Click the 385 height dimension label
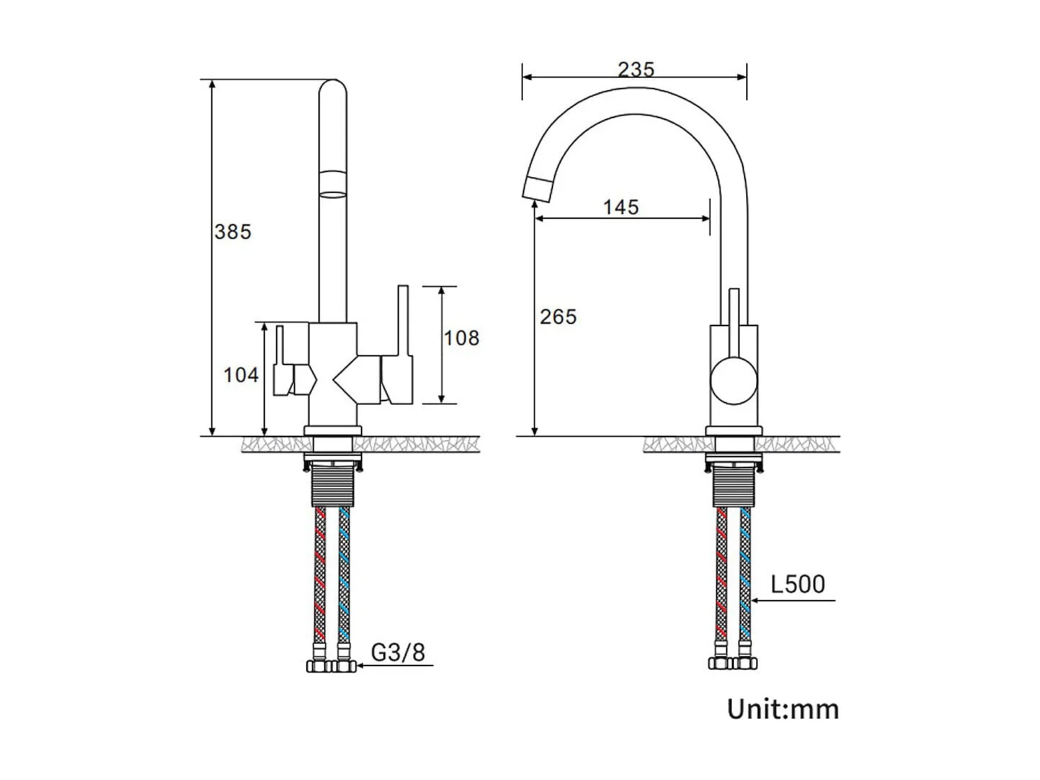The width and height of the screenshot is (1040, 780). pyautogui.click(x=233, y=232)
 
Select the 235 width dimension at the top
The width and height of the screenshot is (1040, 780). pyautogui.click(x=636, y=69)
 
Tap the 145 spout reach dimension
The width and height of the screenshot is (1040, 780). pyautogui.click(x=621, y=207)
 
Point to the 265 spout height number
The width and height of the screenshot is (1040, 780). pyautogui.click(x=558, y=317)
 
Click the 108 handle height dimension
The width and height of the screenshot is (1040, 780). pyautogui.click(x=461, y=338)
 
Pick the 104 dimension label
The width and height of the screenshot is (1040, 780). pyautogui.click(x=241, y=375)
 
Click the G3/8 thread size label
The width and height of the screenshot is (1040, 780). pyautogui.click(x=398, y=653)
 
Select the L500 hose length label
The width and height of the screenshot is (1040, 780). pyautogui.click(x=798, y=584)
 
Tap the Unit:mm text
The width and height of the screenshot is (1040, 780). pyautogui.click(x=783, y=709)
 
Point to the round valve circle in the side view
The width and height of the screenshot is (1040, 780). pyautogui.click(x=734, y=382)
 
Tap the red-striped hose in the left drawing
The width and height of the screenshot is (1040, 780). pyautogui.click(x=320, y=576)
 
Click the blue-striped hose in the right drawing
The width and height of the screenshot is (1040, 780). pyautogui.click(x=745, y=576)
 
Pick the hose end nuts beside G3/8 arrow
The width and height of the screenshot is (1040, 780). pyautogui.click(x=331, y=666)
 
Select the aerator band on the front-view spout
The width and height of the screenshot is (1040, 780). pyautogui.click(x=332, y=183)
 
